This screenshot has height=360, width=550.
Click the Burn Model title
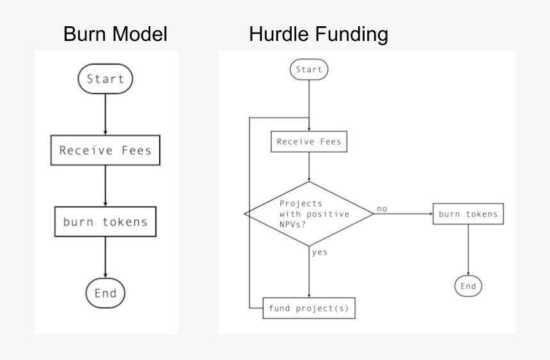(115, 34)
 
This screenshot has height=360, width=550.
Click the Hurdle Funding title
(318, 34)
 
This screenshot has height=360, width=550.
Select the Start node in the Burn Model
(106, 79)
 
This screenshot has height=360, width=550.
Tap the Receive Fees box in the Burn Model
(106, 150)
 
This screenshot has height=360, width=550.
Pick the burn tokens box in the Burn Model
(106, 222)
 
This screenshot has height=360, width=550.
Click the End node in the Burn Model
(106, 293)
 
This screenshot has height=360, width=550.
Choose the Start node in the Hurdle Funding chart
(309, 69)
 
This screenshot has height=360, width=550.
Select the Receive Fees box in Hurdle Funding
(309, 141)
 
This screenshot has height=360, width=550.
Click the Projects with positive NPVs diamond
(309, 214)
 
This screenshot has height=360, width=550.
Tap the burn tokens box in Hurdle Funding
(468, 214)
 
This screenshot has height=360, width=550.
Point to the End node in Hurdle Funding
(468, 286)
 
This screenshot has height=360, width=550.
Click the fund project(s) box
(309, 308)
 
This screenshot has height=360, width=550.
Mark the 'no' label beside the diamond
(382, 208)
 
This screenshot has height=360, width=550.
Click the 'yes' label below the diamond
(319, 252)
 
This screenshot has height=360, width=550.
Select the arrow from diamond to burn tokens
(403, 214)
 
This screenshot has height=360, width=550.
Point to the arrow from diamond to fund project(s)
(309, 272)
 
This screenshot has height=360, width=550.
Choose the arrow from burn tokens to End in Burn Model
(106, 258)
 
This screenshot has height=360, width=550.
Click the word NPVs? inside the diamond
(292, 224)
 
